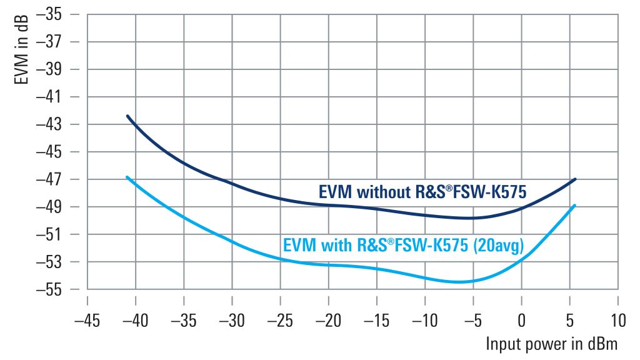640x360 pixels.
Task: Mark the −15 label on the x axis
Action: pos(377,321)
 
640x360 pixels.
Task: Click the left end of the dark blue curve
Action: pos(127,116)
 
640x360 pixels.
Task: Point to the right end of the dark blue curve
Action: pos(575,179)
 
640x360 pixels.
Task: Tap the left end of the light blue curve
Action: pos(127,177)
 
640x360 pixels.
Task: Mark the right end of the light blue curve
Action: pos(575,205)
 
